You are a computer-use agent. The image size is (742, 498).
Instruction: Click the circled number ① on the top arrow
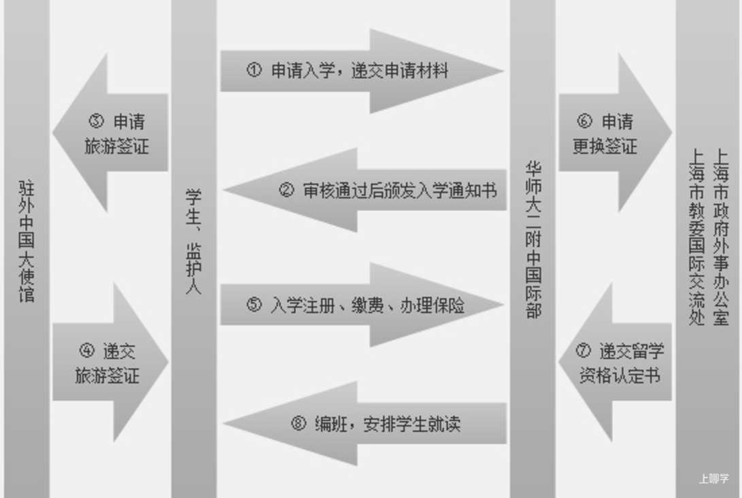click(x=254, y=70)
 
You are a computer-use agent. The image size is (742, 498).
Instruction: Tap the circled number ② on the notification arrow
click(x=287, y=190)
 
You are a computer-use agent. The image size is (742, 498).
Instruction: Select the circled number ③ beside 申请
click(x=96, y=122)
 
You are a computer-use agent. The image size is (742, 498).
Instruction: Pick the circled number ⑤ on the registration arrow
click(x=254, y=305)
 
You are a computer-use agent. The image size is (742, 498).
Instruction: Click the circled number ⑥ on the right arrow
click(x=584, y=122)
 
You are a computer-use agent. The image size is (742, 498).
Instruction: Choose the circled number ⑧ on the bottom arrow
click(x=299, y=424)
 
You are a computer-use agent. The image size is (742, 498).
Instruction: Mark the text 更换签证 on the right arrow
click(x=605, y=146)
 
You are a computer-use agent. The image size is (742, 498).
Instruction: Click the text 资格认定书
click(x=619, y=376)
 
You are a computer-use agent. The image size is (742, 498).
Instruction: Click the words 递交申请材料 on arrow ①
click(x=401, y=71)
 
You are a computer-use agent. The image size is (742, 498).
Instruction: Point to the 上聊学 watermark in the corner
click(x=713, y=479)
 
